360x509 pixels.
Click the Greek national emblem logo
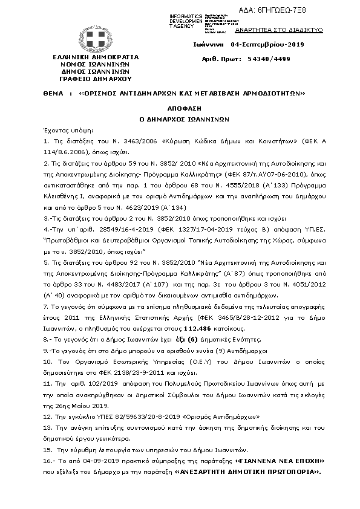(95, 41)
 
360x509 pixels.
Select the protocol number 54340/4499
(277, 59)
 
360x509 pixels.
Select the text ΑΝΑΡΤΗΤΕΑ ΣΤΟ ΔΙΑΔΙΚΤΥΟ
(286, 30)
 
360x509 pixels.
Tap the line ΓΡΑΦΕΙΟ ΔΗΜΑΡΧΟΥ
(96, 79)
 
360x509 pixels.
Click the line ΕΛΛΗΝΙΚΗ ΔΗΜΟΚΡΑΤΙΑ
(96, 57)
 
